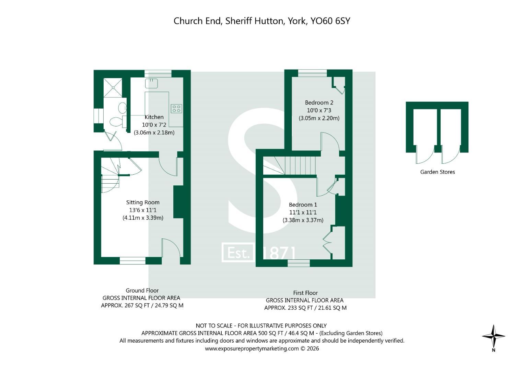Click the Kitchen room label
154,117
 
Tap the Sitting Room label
143,202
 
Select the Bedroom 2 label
319,102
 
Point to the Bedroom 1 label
303,205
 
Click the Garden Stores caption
438,172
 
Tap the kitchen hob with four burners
176,109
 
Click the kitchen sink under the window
151,83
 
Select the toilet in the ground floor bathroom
118,122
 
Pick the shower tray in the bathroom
113,88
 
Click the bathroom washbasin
123,108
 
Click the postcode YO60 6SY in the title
330,21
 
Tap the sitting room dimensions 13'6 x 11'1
143,210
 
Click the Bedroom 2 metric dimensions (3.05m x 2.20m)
319,118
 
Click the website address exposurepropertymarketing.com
252,348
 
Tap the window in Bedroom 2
313,73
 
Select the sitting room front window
133,261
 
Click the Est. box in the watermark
238,252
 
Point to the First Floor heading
305,293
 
